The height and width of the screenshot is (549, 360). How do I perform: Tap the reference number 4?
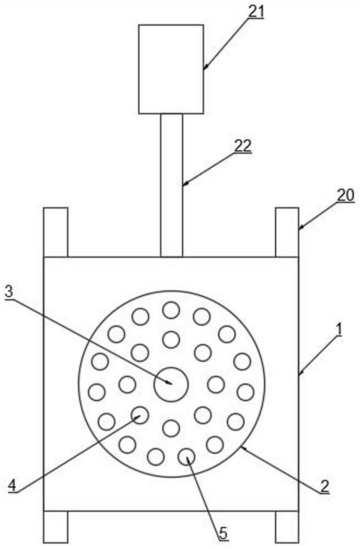(13, 486)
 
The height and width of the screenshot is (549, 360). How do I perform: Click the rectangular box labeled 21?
(171, 69)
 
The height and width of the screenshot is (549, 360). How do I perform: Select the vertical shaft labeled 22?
(171, 184)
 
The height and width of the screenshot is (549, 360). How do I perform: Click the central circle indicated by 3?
(171, 383)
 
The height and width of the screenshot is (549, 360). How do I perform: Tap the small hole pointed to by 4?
(139, 415)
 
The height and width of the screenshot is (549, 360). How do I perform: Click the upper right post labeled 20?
(287, 232)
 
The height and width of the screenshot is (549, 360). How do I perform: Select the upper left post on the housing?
(55, 232)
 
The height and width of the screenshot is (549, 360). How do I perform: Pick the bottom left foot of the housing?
(55, 526)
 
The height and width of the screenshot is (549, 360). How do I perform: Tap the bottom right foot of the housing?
(287, 526)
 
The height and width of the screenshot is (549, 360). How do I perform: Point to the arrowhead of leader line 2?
(243, 447)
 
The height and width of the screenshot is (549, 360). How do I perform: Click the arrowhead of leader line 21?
(205, 67)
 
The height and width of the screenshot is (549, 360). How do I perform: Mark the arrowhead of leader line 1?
(300, 373)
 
